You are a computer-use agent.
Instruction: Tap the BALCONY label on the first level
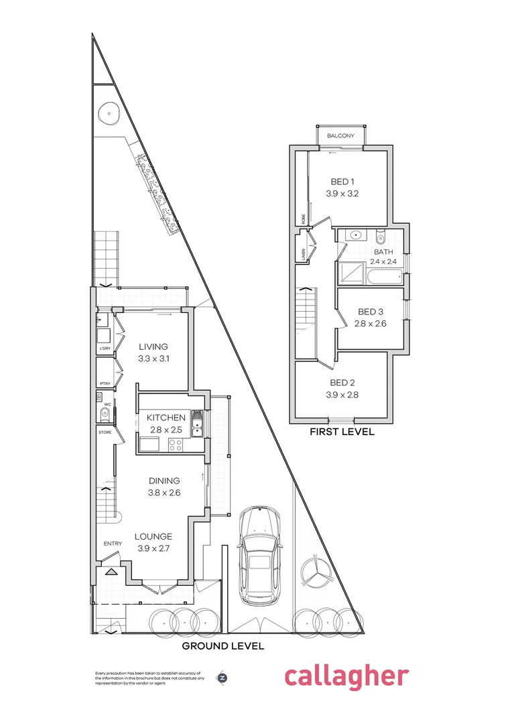[x=340, y=136]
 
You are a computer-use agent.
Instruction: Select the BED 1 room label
[x=342, y=182]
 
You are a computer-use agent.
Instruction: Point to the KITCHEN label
[x=166, y=418]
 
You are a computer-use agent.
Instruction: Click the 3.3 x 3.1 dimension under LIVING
[x=153, y=359]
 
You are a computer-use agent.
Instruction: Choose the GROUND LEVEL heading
[x=223, y=646]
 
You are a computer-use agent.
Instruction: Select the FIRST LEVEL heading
[x=341, y=432]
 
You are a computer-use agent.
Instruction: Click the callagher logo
[x=346, y=676]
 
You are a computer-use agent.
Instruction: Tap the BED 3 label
[x=371, y=312]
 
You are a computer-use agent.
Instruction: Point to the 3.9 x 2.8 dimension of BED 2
[x=342, y=395]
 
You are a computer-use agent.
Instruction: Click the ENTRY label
[x=111, y=544]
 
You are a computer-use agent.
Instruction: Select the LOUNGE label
[x=153, y=536]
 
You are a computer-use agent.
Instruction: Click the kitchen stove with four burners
[x=176, y=444]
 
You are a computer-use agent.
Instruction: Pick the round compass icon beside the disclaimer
[x=222, y=677]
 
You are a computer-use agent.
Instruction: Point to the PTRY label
[x=105, y=383]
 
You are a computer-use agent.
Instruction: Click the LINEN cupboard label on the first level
[x=302, y=253]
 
